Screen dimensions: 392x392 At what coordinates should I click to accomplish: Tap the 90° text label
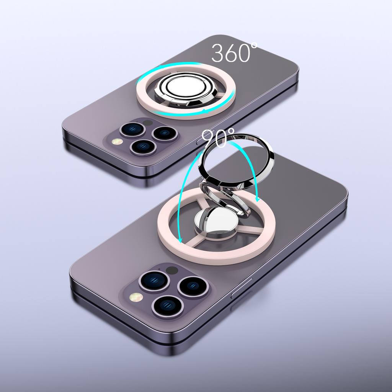218,138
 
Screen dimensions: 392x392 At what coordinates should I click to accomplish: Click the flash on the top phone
117,142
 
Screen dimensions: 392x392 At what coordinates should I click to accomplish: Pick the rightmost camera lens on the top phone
165,133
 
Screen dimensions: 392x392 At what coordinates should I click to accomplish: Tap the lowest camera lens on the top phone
143,147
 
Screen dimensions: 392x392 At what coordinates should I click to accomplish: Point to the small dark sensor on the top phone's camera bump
148,123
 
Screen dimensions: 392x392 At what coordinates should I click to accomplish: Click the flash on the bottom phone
136,297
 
